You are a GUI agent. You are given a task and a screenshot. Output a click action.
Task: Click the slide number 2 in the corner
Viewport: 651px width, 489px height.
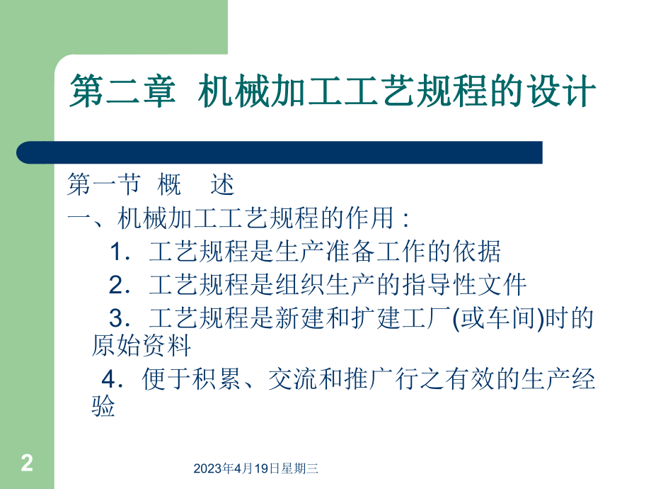pyautogui.click(x=27, y=464)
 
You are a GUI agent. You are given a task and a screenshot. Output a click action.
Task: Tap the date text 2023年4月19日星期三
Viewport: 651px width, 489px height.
pyautogui.click(x=256, y=468)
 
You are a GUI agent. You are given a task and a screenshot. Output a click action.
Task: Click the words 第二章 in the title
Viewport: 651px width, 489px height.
pyautogui.click(x=120, y=93)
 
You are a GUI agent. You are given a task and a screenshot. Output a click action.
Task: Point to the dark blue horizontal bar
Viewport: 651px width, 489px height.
pyautogui.click(x=280, y=152)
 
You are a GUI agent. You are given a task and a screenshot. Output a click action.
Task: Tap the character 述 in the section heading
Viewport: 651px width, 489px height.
pyautogui.click(x=222, y=186)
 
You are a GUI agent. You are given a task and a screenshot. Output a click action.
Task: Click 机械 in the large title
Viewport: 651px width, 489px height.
pyautogui.click(x=225, y=93)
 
